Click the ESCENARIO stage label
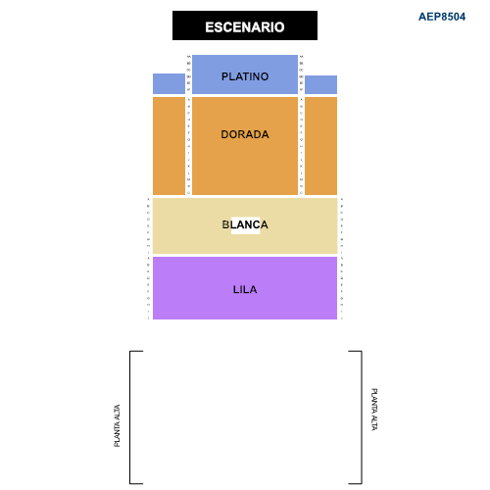(x=245, y=27)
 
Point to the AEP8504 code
(x=441, y=17)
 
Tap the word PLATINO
(x=245, y=76)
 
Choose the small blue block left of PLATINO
(x=169, y=83)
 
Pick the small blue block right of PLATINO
(x=320, y=84)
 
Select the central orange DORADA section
(x=245, y=162)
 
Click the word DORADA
(x=245, y=134)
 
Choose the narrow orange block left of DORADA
(x=169, y=145)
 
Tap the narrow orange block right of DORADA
(x=320, y=145)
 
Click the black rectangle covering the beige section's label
(x=245, y=225)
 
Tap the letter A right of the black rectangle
(x=264, y=225)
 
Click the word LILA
(x=245, y=289)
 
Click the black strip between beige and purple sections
(x=245, y=255)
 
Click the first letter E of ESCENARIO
(x=210, y=27)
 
